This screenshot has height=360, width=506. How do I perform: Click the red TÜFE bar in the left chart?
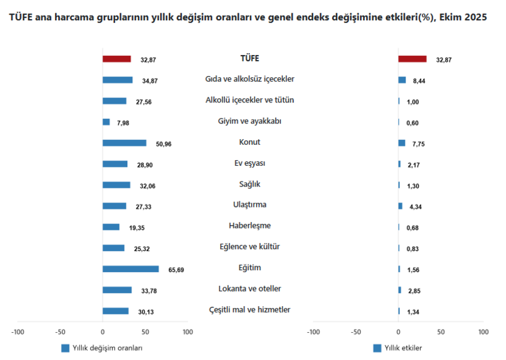click(116, 59)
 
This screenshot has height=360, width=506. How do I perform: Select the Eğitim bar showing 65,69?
click(130, 269)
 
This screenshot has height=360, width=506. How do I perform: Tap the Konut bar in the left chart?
click(124, 143)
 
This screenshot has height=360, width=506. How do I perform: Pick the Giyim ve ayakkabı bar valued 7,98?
click(106, 122)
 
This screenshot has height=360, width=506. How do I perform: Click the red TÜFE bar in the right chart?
click(412, 59)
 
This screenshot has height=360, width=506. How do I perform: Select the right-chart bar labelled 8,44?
click(402, 80)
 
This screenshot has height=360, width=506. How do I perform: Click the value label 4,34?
click(419, 207)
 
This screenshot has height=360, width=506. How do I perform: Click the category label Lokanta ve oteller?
click(250, 289)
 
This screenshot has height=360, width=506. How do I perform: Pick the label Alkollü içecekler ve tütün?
click(250, 100)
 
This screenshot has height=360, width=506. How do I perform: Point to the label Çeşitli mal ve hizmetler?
click(250, 309)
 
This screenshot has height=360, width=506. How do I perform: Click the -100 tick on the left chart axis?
click(18, 332)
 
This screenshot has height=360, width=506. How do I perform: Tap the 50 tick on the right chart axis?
click(441, 332)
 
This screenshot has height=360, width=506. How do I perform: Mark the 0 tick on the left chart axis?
click(102, 332)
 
